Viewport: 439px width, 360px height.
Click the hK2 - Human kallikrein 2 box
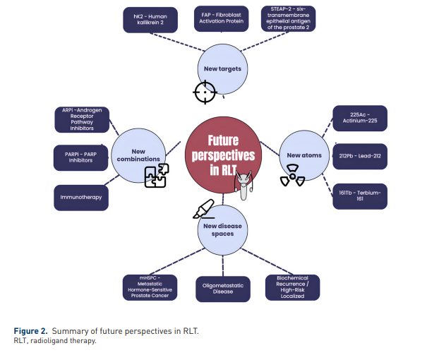click(x=150, y=19)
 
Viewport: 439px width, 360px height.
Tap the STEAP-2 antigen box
click(x=288, y=18)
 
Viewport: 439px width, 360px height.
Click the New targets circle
click(x=223, y=69)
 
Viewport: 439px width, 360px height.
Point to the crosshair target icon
click(x=205, y=90)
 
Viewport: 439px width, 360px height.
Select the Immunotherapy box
click(x=81, y=197)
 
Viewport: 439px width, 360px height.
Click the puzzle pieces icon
click(x=156, y=175)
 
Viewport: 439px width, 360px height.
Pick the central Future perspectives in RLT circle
click(x=223, y=153)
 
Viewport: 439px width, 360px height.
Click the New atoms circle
click(x=304, y=155)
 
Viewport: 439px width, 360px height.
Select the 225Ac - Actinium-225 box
click(x=360, y=118)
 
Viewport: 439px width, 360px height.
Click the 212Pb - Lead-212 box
click(x=360, y=156)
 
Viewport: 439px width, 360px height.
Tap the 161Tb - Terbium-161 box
click(x=360, y=196)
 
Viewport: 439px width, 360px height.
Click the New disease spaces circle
click(x=223, y=229)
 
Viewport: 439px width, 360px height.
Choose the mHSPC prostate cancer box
click(x=150, y=287)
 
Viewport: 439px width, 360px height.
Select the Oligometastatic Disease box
click(x=223, y=288)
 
